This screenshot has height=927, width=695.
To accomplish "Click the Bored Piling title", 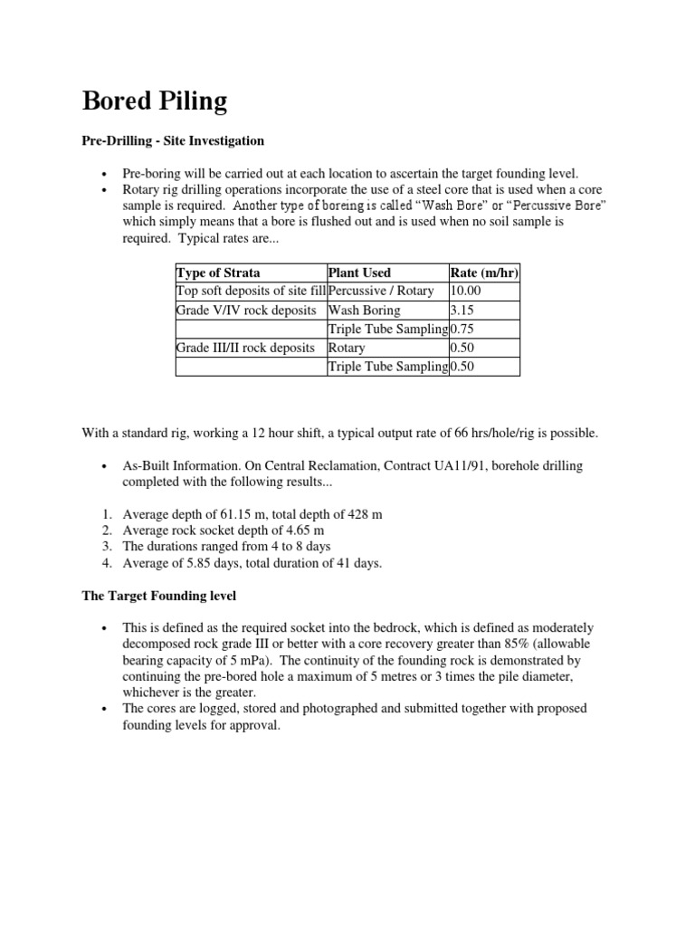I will click(x=155, y=101).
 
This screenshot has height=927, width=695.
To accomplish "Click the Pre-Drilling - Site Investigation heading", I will click(x=173, y=141).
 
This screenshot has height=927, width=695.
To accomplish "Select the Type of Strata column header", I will click(x=218, y=272).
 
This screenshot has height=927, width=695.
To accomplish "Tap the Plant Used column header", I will click(x=360, y=272).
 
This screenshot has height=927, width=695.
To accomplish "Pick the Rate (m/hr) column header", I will click(x=484, y=272).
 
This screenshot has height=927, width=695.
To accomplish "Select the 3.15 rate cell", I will click(x=463, y=311).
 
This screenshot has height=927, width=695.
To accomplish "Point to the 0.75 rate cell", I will click(x=463, y=330).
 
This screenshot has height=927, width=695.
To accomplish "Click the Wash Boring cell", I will click(x=364, y=311).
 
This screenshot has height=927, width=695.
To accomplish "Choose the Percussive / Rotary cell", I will click(x=381, y=291).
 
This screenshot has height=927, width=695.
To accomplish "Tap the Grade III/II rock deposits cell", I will click(x=245, y=348).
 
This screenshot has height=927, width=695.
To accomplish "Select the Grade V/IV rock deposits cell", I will click(x=244, y=311).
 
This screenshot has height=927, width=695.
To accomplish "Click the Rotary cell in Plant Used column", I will click(x=347, y=348).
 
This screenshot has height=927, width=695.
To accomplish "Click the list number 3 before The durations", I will click(x=106, y=547).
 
